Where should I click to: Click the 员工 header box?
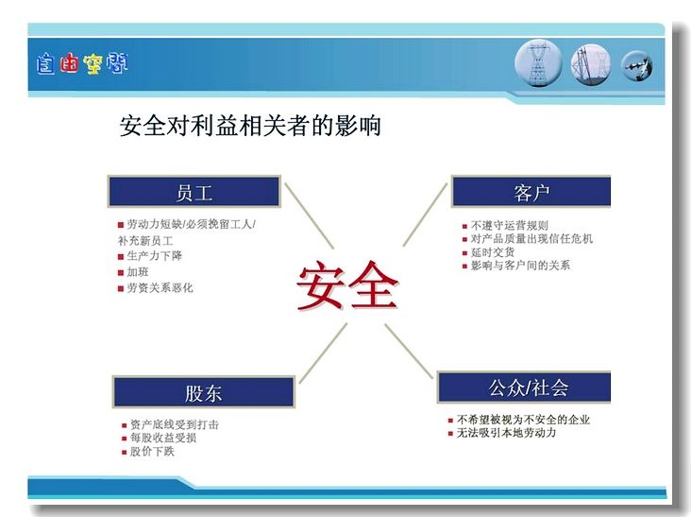coord(194,192)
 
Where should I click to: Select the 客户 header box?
coord(531,192)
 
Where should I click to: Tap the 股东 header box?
coord(204,391)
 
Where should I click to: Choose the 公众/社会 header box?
coord(524,387)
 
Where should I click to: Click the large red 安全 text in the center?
coord(347,285)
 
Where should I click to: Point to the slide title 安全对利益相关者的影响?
coord(250,126)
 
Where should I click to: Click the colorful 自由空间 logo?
coord(82,64)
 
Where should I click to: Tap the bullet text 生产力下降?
coord(154,255)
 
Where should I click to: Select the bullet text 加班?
coord(138,272)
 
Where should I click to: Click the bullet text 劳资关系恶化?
coord(160,287)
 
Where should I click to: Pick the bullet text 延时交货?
coord(493,251)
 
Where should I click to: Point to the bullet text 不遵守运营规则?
coord(510,225)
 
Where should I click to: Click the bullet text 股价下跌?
coord(152,451)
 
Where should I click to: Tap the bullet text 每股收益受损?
coord(163,438)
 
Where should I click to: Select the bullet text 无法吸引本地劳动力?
coord(506,433)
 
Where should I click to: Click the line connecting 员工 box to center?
coord(310,215)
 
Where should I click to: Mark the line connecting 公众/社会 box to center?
coord(409,351)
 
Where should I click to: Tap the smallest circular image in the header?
coord(637,66)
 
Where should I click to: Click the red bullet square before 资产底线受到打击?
coord(125,425)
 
